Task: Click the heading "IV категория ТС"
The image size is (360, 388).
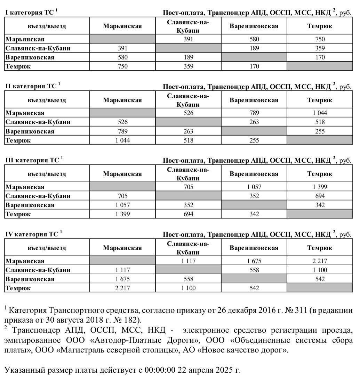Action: pos(32,234)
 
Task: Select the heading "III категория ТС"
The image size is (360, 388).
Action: pos(32,160)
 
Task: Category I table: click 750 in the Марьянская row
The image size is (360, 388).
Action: pos(320,39)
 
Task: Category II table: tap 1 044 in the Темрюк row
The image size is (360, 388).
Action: pos(122,140)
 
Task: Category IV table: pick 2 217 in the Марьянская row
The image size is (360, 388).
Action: pos(320,261)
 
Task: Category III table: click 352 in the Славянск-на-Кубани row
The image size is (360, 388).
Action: pos(254,196)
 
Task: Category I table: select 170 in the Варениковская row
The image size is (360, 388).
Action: pos(320,57)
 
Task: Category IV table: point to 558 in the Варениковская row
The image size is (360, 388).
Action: pos(188,279)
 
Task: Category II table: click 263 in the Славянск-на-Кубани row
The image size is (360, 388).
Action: pos(254,122)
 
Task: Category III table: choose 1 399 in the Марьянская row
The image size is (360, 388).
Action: pos(320,187)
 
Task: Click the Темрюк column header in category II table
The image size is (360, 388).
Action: pos(320,100)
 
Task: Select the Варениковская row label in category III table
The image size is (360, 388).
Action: pos(30,205)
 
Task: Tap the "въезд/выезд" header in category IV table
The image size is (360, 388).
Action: pos(47,248)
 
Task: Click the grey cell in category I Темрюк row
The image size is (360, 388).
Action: pos(320,66)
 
